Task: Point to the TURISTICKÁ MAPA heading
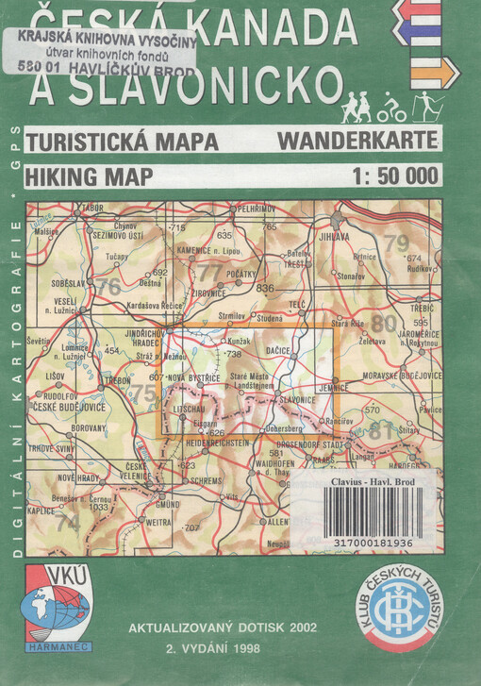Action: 123,142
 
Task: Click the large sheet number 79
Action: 396,243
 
